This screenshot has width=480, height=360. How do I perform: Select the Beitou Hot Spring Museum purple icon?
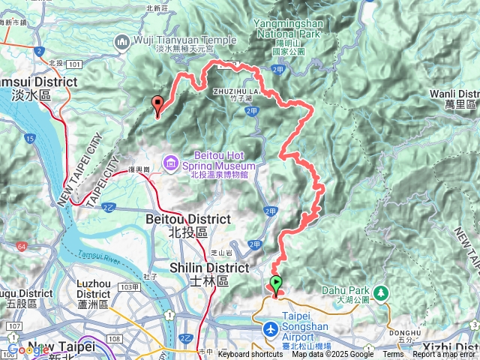(x=172, y=162)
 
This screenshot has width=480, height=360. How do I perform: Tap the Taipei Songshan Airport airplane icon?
(x=270, y=329)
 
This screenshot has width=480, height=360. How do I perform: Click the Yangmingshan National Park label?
(x=289, y=28)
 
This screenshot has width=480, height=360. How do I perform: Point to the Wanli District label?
(x=454, y=94)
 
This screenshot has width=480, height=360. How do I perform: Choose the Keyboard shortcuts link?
(x=250, y=355)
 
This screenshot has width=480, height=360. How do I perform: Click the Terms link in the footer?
(x=392, y=355)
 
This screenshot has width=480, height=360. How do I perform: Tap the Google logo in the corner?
(x=28, y=349)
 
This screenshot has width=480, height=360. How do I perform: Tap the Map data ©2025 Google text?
(x=333, y=355)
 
